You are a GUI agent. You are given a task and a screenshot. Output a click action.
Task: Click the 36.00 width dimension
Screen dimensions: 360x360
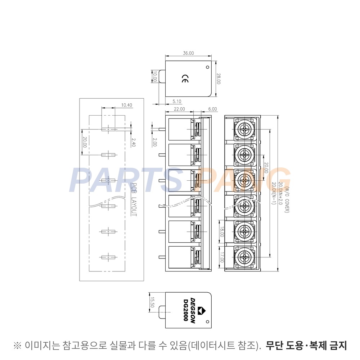(x=188, y=53)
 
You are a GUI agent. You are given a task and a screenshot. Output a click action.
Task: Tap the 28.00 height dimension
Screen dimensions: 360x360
(x=219, y=79)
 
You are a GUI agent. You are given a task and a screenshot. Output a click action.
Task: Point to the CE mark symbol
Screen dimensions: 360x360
(x=185, y=79)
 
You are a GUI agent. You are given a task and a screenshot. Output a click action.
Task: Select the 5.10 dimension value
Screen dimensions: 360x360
(x=177, y=101)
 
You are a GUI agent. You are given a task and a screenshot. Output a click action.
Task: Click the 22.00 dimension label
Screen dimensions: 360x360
(x=179, y=109)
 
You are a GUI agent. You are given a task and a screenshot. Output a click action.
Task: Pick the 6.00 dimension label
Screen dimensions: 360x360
(x=213, y=109)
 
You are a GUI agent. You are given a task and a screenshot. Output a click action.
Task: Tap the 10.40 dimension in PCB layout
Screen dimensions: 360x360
(x=126, y=105)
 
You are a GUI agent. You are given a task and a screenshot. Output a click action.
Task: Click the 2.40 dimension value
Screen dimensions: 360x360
(x=134, y=142)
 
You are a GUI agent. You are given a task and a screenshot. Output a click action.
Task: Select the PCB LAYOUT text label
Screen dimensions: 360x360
(x=134, y=199)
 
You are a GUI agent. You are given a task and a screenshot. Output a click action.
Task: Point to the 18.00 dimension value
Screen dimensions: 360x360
(x=222, y=232)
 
